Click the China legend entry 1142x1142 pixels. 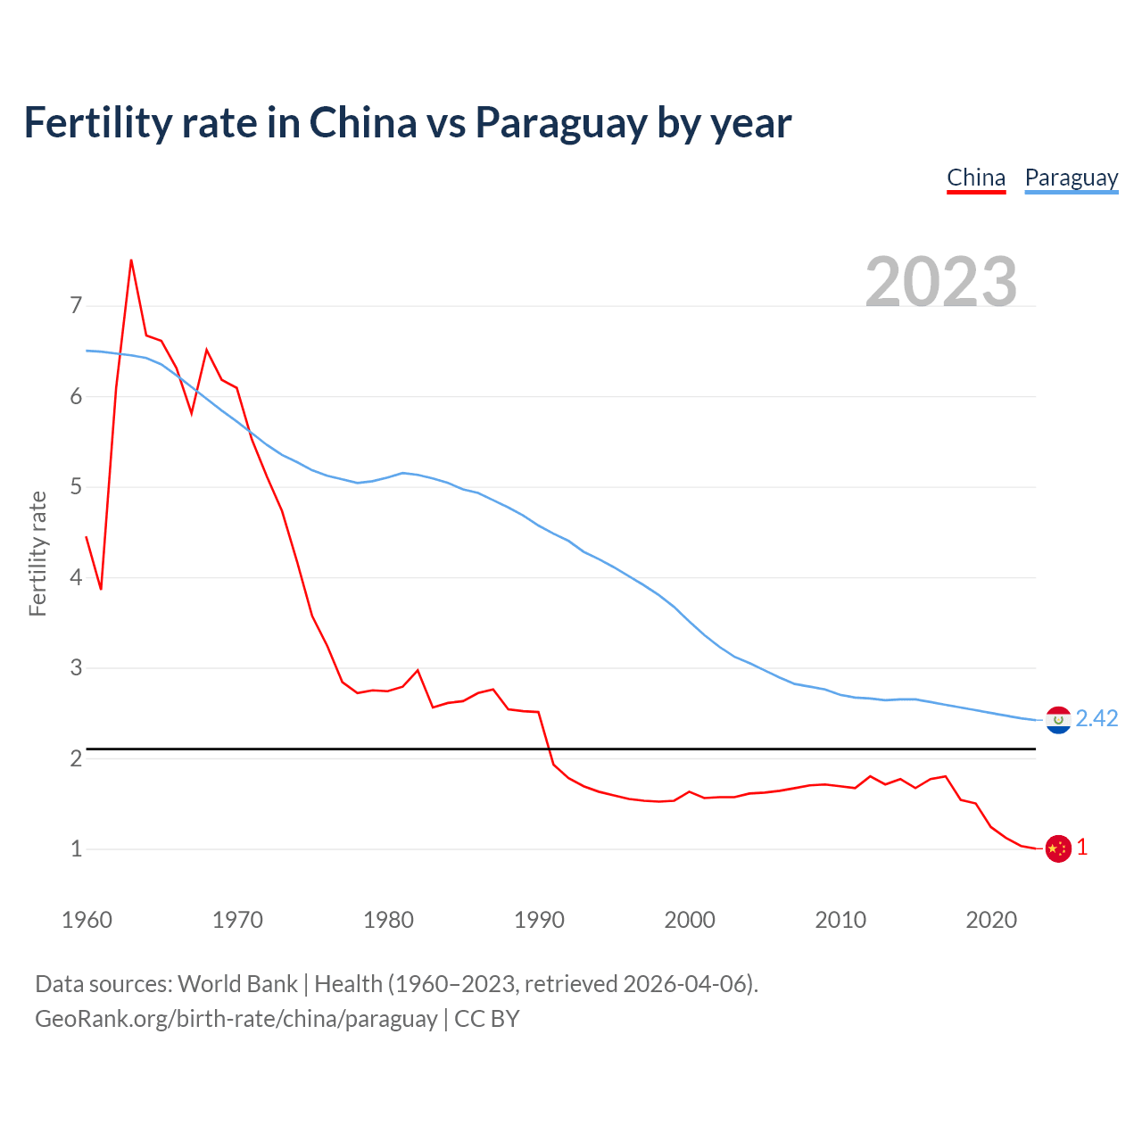976,178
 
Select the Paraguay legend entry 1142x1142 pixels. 1071,178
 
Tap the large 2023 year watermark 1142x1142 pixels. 941,281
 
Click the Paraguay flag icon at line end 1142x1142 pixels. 1058,719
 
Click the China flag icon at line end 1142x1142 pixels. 1058,848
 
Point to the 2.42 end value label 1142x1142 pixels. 1096,718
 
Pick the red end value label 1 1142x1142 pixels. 1082,848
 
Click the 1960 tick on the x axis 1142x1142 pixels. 87,920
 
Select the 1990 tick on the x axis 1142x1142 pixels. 539,920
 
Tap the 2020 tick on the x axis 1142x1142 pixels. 991,920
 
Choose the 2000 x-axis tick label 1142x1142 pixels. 690,920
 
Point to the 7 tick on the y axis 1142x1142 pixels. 76,306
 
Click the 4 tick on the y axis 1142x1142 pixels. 76,577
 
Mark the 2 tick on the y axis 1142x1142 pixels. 76,758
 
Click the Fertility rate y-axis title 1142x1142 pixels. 37,553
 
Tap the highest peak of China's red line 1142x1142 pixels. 131,261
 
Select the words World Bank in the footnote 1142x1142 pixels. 237,983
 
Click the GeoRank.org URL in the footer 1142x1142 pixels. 236,1019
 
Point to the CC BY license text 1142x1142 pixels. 487,1019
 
